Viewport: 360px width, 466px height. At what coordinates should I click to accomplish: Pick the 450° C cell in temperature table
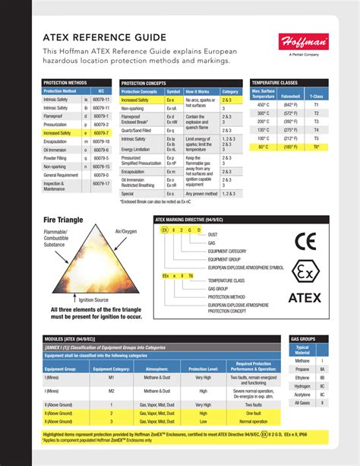[x=262, y=104]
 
